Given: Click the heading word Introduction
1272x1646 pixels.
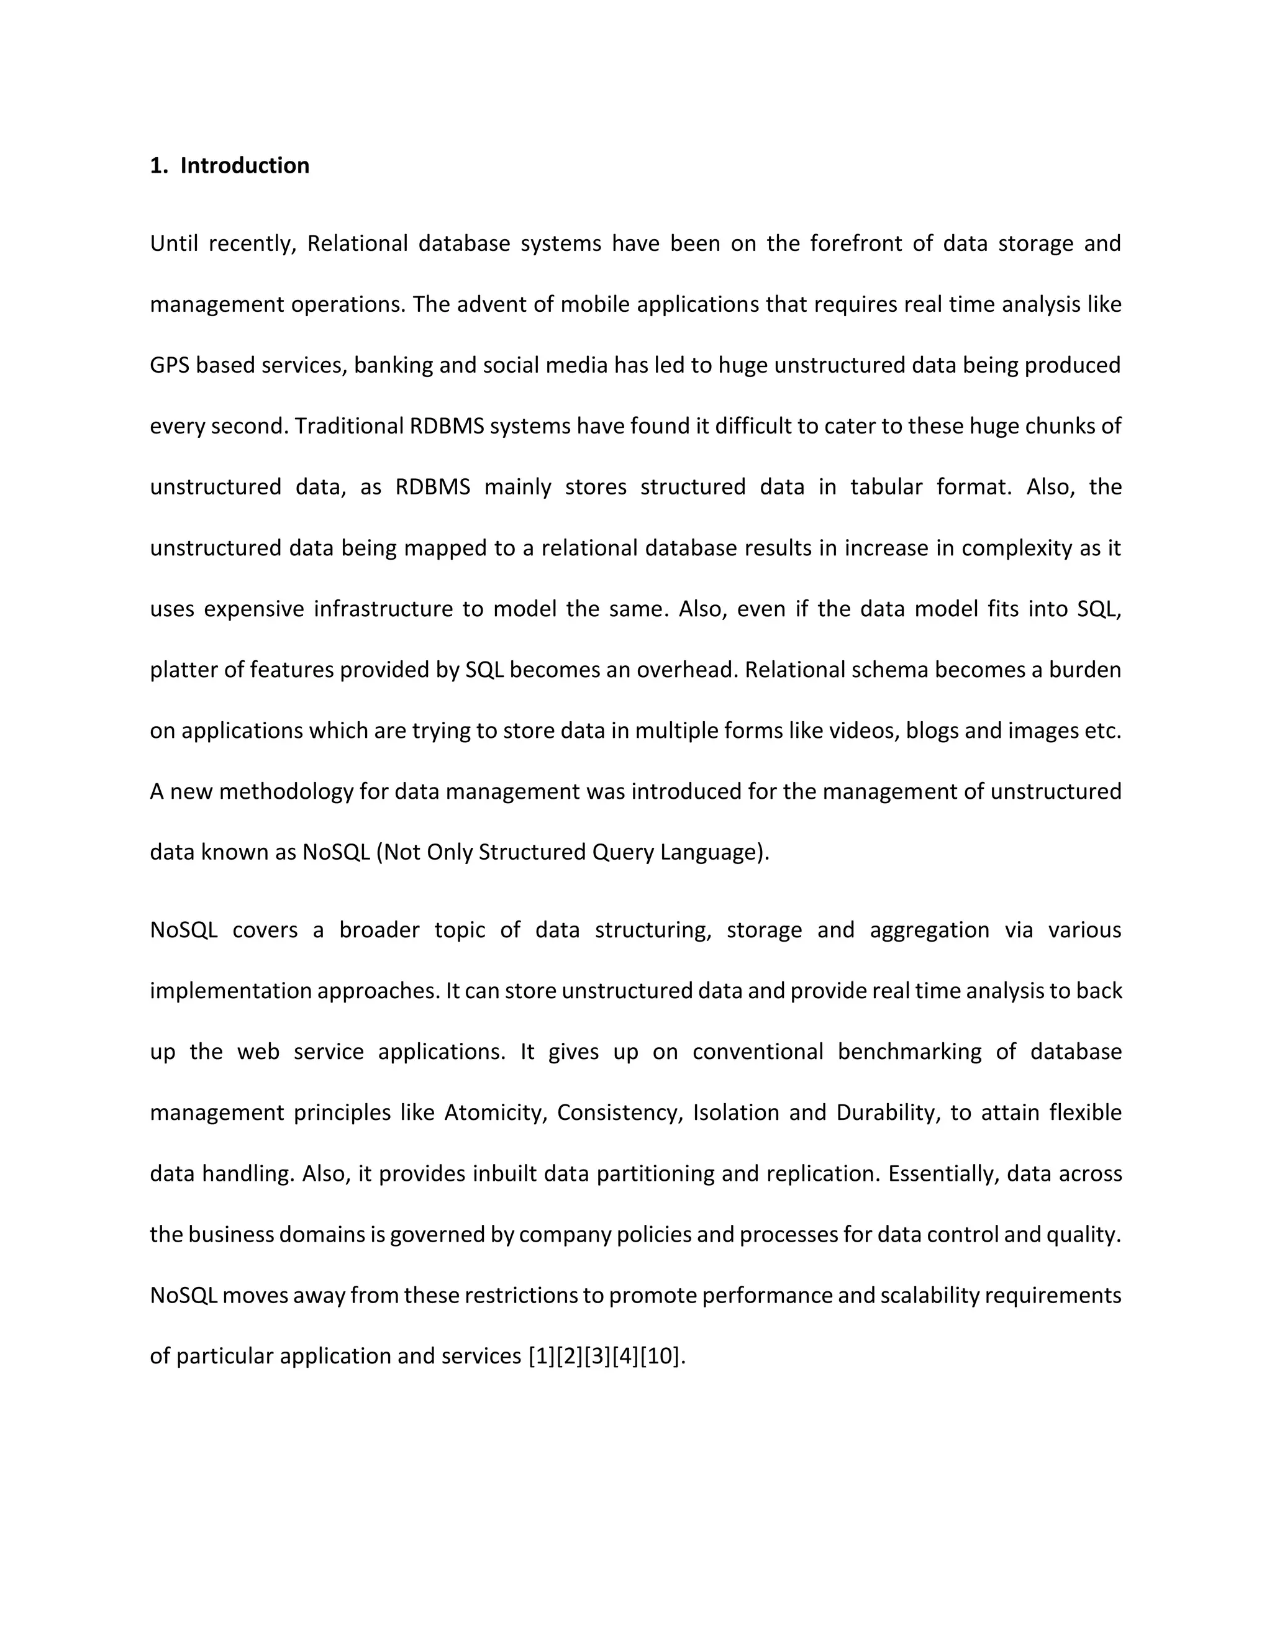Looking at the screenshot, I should click(x=244, y=166).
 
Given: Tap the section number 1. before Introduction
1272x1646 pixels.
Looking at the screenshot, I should click(x=158, y=166).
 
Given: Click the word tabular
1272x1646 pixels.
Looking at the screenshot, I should click(x=886, y=487).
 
